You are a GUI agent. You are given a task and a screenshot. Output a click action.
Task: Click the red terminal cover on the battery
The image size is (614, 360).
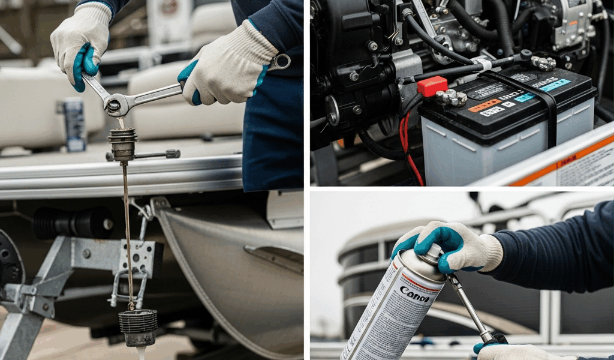point(432,86)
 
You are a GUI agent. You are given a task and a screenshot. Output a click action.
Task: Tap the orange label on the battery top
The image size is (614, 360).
point(485,106)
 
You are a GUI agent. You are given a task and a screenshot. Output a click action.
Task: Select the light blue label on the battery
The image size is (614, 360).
point(555,85)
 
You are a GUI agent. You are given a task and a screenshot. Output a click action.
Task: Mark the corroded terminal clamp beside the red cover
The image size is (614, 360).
point(454,97)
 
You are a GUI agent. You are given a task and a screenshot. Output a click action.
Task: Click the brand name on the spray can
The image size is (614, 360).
point(415,295)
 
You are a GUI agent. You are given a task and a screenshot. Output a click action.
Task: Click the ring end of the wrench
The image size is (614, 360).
point(280,61)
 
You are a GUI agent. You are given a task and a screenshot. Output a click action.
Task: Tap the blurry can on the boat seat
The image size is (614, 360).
point(74,123)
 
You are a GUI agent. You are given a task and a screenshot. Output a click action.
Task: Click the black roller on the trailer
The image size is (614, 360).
point(72,223)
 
